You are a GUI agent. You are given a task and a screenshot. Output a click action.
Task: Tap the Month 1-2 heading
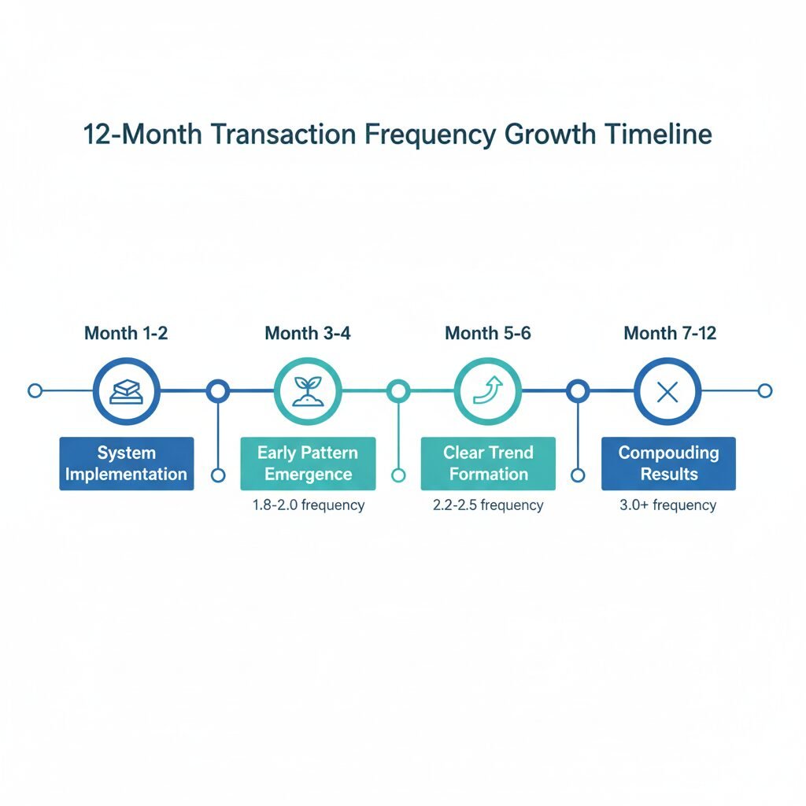pos(126,333)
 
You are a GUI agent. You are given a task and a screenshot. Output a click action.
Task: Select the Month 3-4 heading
pos(308,333)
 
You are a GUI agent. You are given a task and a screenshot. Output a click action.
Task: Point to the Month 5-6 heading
pos(488,333)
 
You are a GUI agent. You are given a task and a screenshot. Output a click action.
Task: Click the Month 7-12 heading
pos(670,333)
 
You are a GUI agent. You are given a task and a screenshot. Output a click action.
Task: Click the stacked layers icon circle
pos(127,391)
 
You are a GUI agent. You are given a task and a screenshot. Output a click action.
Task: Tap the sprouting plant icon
pos(308,391)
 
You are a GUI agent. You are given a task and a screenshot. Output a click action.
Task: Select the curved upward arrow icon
pos(488,390)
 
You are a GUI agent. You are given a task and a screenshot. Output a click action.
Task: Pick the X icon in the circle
pos(667,392)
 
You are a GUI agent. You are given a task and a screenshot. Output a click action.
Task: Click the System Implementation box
pos(127,464)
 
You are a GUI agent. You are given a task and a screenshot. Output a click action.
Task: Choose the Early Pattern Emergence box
pos(308,464)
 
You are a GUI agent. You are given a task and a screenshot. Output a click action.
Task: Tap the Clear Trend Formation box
pos(488,464)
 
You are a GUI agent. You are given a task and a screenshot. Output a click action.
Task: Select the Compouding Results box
pos(669,464)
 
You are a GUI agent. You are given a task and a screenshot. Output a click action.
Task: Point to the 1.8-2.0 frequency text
pos(309,505)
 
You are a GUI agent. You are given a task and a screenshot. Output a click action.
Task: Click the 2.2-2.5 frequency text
pos(488,505)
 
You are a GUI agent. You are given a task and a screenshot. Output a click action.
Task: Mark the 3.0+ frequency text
pos(667,505)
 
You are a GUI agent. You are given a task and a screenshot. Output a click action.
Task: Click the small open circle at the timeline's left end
pos(35,390)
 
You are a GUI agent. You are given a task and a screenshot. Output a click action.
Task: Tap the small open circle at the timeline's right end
pos(765,390)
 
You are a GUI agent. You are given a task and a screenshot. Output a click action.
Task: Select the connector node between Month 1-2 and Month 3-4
pos(218,391)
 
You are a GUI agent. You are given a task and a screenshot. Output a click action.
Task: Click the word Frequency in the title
pos(431,135)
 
